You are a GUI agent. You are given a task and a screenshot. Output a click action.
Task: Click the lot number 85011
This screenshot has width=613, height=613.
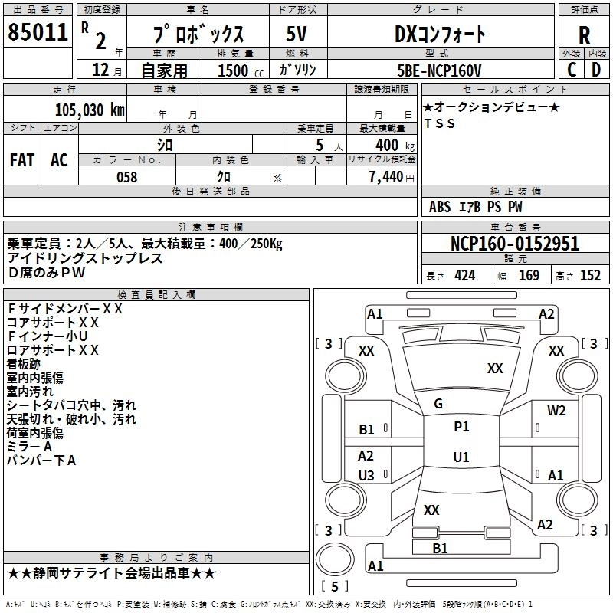[x=37, y=33]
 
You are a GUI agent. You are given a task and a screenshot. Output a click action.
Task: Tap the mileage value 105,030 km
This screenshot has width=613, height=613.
[x=89, y=110]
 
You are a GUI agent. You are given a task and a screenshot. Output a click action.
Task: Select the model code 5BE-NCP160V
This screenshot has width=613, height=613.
[x=440, y=70]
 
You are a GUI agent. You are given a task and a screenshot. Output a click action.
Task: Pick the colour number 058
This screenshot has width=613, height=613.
[x=126, y=177]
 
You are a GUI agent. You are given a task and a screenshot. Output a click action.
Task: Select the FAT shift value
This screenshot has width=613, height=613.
[x=22, y=160]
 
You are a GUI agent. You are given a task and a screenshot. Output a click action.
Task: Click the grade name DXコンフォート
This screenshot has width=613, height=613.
[x=440, y=34]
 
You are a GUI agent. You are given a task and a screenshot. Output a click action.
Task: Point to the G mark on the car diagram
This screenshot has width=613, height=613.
[x=438, y=404]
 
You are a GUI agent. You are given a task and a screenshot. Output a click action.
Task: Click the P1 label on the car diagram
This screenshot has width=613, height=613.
[x=461, y=427]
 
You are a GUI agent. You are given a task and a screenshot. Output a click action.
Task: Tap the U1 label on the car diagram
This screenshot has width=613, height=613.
[x=461, y=457]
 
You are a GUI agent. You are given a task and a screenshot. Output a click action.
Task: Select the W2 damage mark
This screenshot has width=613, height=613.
[x=556, y=410]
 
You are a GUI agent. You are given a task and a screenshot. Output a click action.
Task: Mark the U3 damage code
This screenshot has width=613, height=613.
[x=366, y=476]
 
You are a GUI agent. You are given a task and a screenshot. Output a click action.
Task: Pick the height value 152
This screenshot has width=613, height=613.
[x=590, y=276]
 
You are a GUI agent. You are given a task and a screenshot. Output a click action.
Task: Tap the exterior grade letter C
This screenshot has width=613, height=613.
[x=571, y=70]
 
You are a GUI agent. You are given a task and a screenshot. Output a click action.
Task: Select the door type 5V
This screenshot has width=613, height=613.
[x=298, y=34]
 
